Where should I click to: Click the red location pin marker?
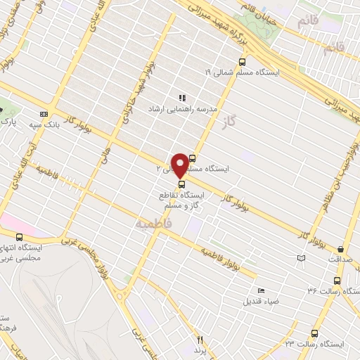click(x=180, y=165)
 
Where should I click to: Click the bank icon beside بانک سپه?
click(x=44, y=114)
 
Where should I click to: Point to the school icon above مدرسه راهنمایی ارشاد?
click(x=181, y=98)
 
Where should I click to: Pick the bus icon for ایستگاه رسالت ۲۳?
click(x=314, y=335)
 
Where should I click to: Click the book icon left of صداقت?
click(x=302, y=259)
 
